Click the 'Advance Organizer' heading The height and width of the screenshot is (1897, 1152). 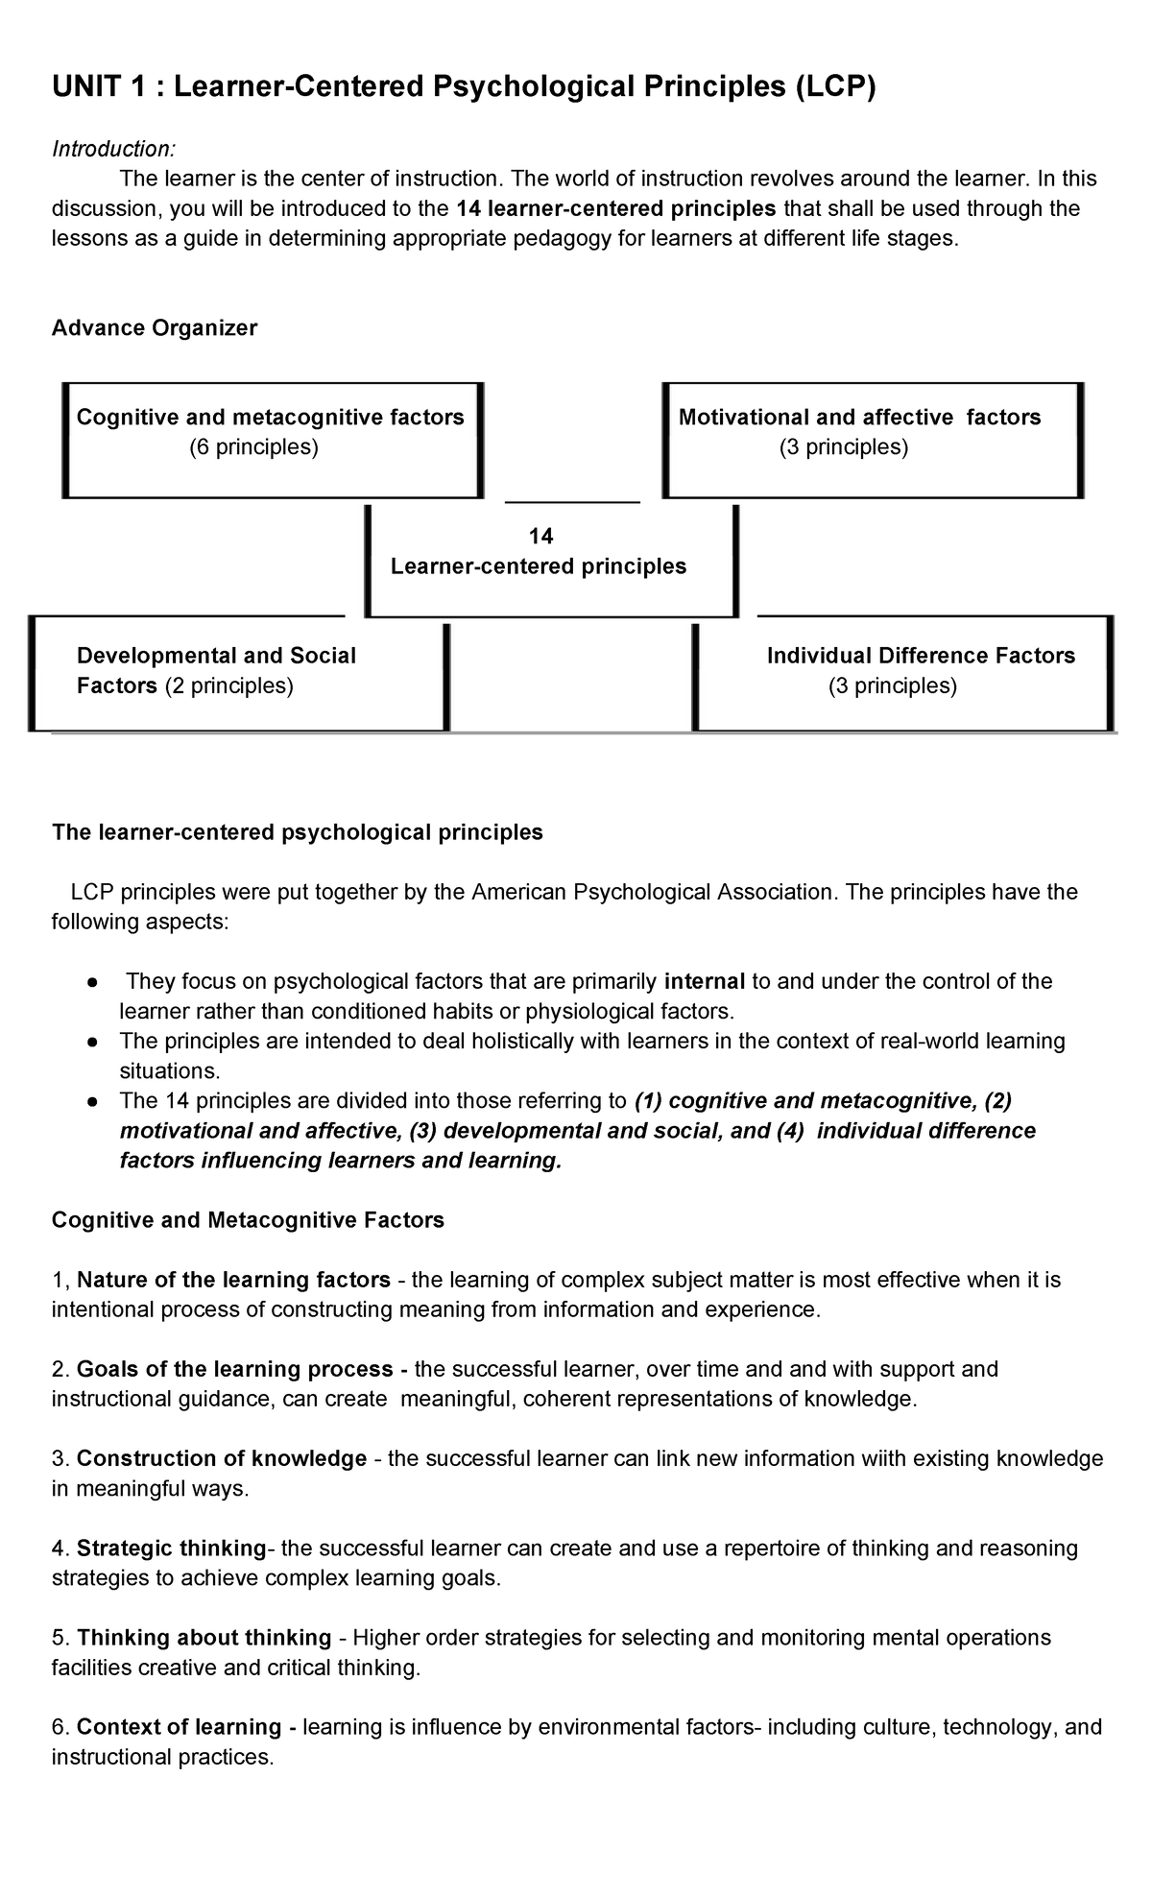pyautogui.click(x=154, y=328)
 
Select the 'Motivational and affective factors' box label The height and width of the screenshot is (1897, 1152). pyautogui.click(x=859, y=418)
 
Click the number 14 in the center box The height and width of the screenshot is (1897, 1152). pyautogui.click(x=540, y=536)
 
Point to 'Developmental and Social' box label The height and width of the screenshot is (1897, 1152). pyautogui.click(x=216, y=656)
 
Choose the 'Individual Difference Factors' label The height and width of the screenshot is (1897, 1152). pyautogui.click(x=921, y=656)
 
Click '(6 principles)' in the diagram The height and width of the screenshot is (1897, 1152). pyautogui.click(x=253, y=447)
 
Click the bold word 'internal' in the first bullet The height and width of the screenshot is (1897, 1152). pyautogui.click(x=704, y=981)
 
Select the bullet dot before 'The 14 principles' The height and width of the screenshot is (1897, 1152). pyautogui.click(x=89, y=1101)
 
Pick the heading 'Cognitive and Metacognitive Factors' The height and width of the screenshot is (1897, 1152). pyautogui.click(x=248, y=1220)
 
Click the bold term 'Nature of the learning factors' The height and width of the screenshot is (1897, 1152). pyautogui.click(x=233, y=1280)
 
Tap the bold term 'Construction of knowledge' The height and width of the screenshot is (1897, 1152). pyautogui.click(x=222, y=1459)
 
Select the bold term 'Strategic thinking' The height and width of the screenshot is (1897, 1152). pyautogui.click(x=171, y=1549)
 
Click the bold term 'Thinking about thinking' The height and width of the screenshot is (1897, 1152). pyautogui.click(x=204, y=1638)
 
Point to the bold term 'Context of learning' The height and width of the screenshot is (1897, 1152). pyautogui.click(x=179, y=1727)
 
